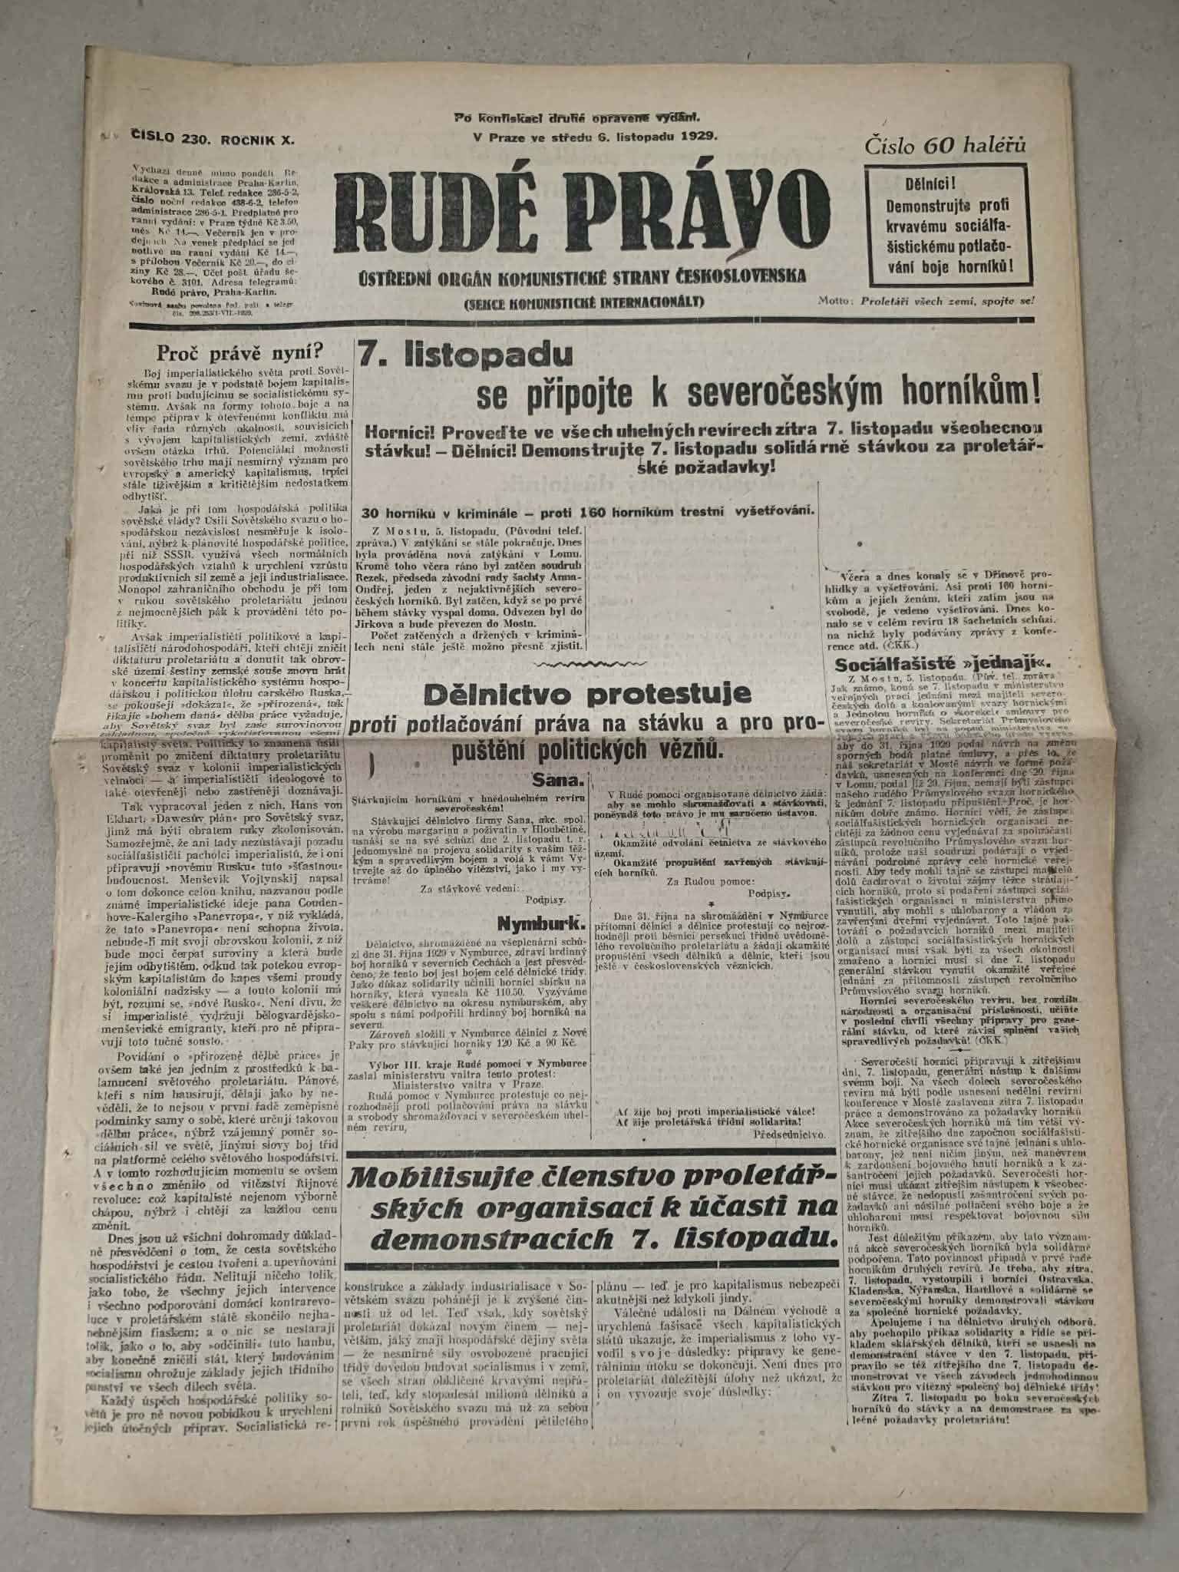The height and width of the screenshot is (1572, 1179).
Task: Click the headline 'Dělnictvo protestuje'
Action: click(x=586, y=694)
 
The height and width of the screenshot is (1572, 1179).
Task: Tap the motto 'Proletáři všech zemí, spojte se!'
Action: click(x=948, y=300)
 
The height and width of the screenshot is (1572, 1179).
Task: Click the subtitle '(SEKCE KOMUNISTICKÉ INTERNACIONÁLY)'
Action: click(x=584, y=302)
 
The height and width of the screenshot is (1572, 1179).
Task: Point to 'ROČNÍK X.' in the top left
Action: click(x=258, y=139)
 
